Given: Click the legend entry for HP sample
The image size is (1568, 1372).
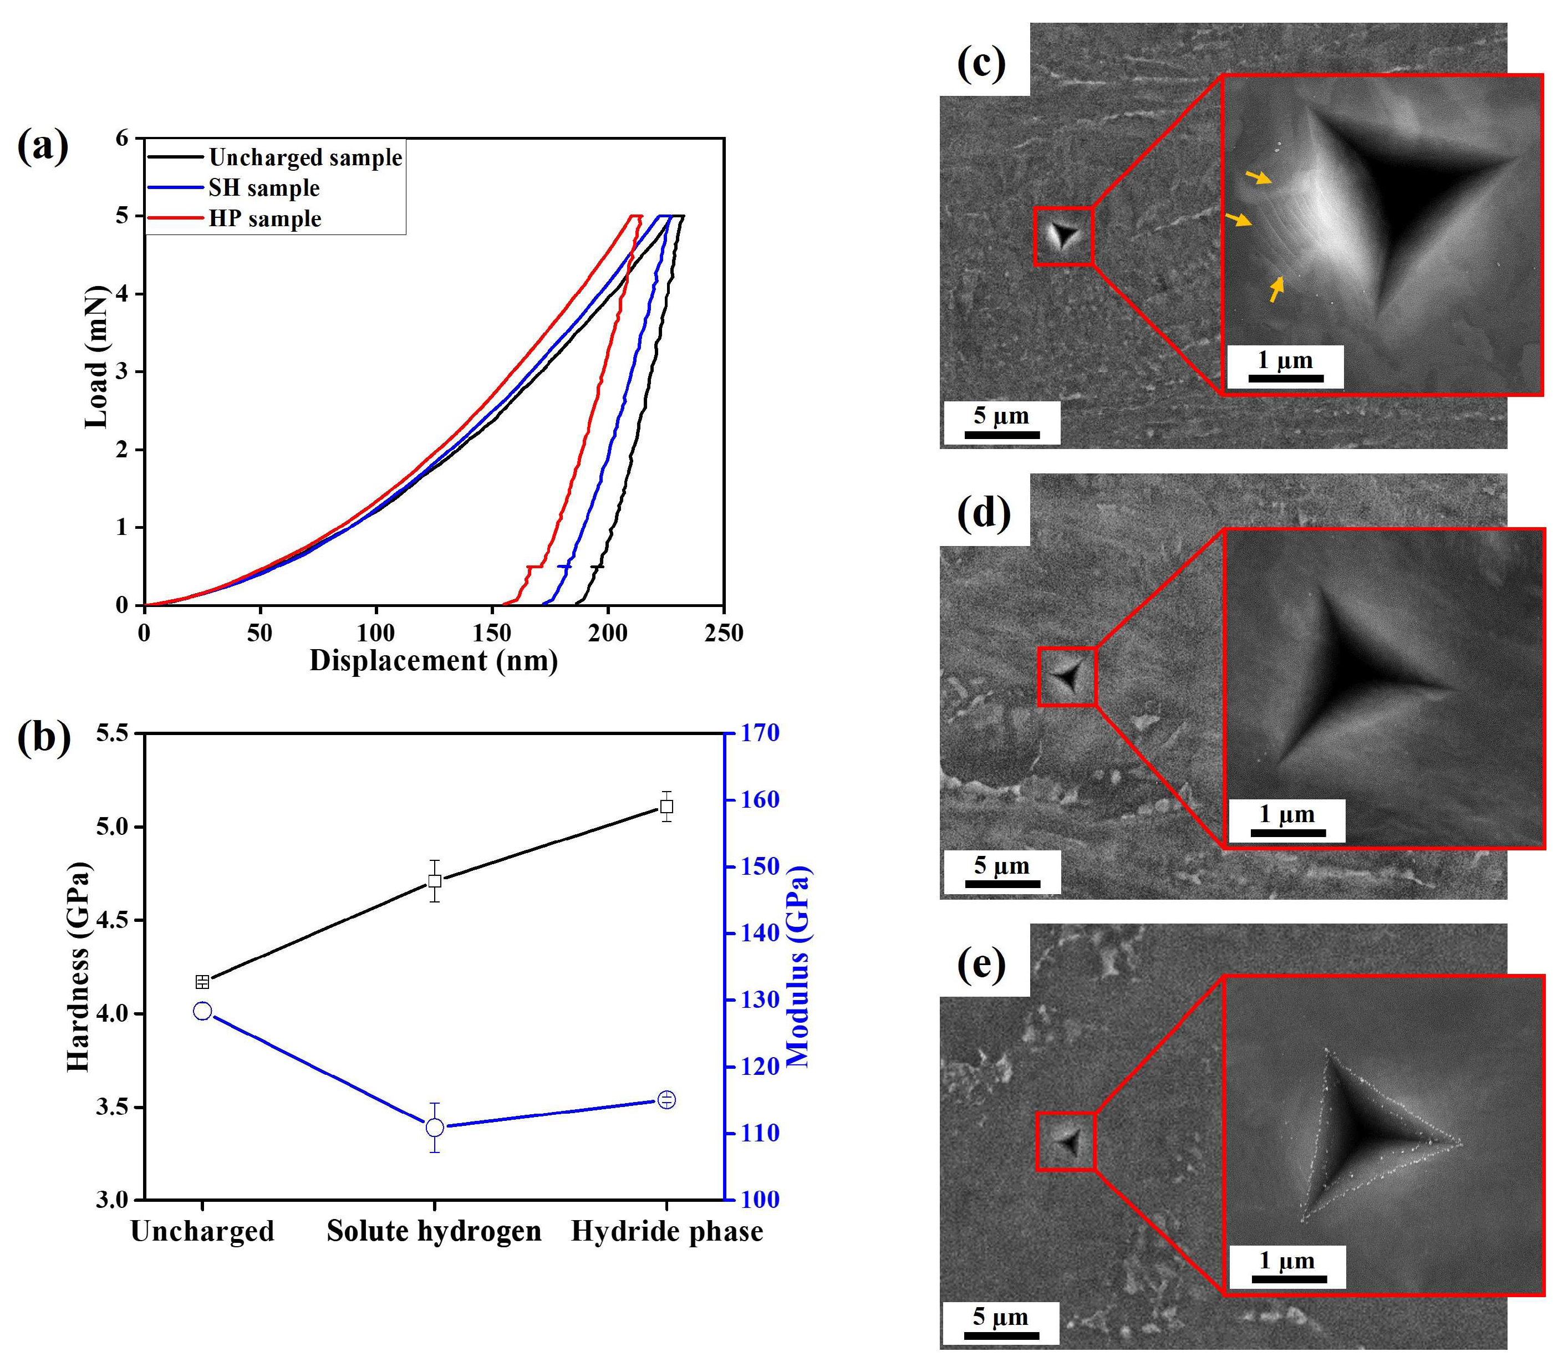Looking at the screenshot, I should [264, 219].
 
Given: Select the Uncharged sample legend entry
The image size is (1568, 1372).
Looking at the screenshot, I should [305, 158].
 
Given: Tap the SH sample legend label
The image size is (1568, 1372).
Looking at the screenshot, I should [263, 188].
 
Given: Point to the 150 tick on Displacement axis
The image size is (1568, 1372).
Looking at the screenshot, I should [492, 633].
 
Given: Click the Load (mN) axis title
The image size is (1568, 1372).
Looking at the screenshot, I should [97, 357].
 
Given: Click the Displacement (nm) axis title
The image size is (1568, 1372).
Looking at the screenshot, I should [434, 661].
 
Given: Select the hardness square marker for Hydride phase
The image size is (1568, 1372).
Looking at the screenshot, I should [666, 806].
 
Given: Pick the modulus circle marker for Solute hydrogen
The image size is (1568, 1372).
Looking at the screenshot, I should [434, 1127].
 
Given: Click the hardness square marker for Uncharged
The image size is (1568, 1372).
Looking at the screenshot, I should [202, 982].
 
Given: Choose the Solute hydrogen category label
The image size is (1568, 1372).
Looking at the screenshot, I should [434, 1232].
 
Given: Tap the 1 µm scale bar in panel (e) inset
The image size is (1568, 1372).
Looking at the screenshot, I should [1292, 1279].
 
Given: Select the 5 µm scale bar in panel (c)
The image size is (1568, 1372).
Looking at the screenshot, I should [1001, 434].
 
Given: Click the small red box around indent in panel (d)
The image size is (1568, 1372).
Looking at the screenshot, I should [1067, 676].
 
